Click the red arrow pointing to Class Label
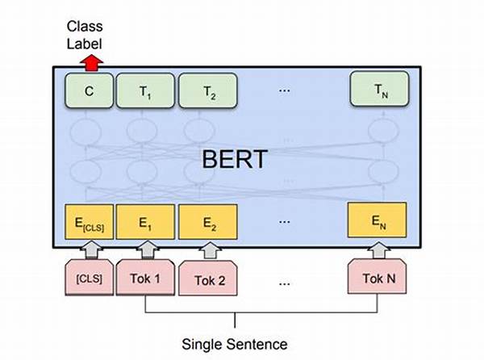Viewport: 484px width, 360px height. tap(91, 63)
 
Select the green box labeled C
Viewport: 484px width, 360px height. tap(89, 90)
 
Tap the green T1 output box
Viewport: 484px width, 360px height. tap(145, 90)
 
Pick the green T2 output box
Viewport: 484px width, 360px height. tap(208, 90)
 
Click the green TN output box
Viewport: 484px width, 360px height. tap(380, 89)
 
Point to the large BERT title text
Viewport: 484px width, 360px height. tap(235, 159)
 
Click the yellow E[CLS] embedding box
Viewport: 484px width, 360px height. tap(89, 222)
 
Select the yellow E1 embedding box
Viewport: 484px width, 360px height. tap(145, 222)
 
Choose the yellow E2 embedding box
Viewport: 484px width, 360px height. tap(208, 222)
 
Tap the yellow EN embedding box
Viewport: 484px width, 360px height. tap(377, 220)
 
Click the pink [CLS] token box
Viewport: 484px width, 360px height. tap(89, 277)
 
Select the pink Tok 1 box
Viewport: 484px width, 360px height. tap(145, 277)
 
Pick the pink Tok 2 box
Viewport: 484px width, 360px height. tap(208, 278)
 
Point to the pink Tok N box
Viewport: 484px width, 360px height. tap(377, 276)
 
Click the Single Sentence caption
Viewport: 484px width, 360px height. tap(235, 344)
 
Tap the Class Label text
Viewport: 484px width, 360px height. tap(85, 35)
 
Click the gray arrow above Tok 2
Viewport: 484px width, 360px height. tap(211, 251)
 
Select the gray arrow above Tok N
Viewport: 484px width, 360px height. tap(379, 249)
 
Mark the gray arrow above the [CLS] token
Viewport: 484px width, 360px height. tap(91, 249)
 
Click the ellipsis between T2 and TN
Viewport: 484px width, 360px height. tap(284, 90)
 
